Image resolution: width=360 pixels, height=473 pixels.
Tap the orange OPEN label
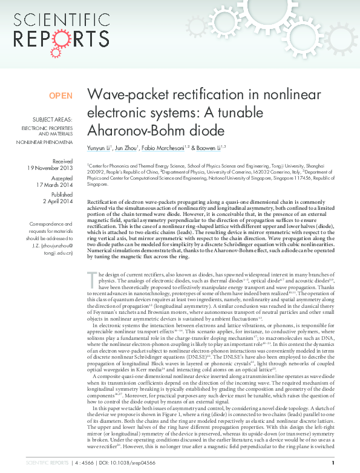coord(61,96)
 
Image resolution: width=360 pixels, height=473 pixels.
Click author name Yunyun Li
coord(101,147)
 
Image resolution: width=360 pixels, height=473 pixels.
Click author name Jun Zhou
coord(129,147)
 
